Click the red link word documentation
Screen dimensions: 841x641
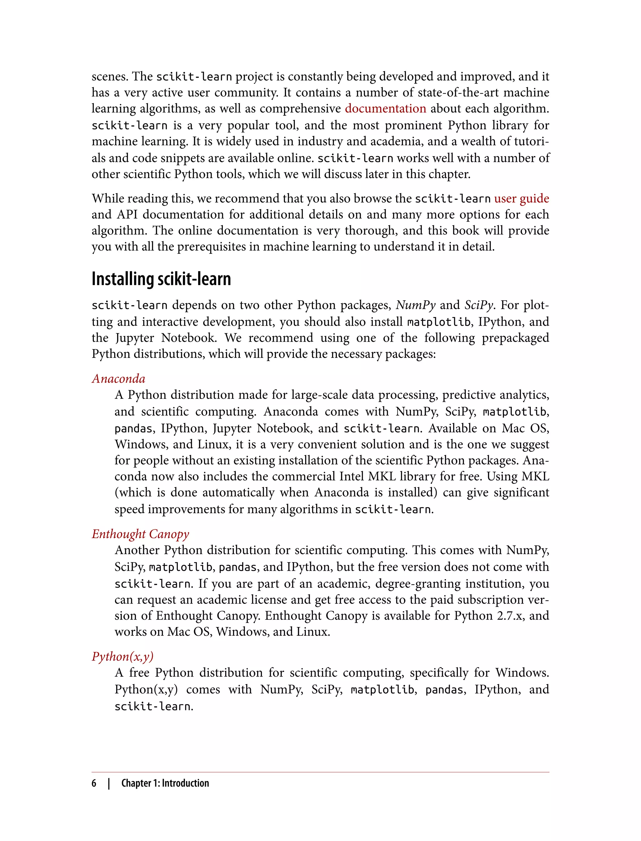(385, 109)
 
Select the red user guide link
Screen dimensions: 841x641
(521, 199)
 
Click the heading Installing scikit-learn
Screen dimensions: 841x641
(161, 279)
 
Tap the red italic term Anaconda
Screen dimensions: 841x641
(119, 379)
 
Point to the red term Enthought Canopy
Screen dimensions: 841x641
(141, 534)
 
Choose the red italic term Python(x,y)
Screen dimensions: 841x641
(122, 656)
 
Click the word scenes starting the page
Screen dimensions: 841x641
(110, 77)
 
